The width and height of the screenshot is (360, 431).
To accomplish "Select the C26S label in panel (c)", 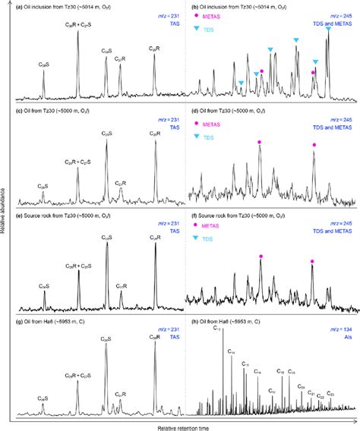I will (x=43, y=185).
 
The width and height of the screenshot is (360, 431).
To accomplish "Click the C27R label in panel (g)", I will (x=120, y=373).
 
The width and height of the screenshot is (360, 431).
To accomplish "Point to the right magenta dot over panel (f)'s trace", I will (x=312, y=262).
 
